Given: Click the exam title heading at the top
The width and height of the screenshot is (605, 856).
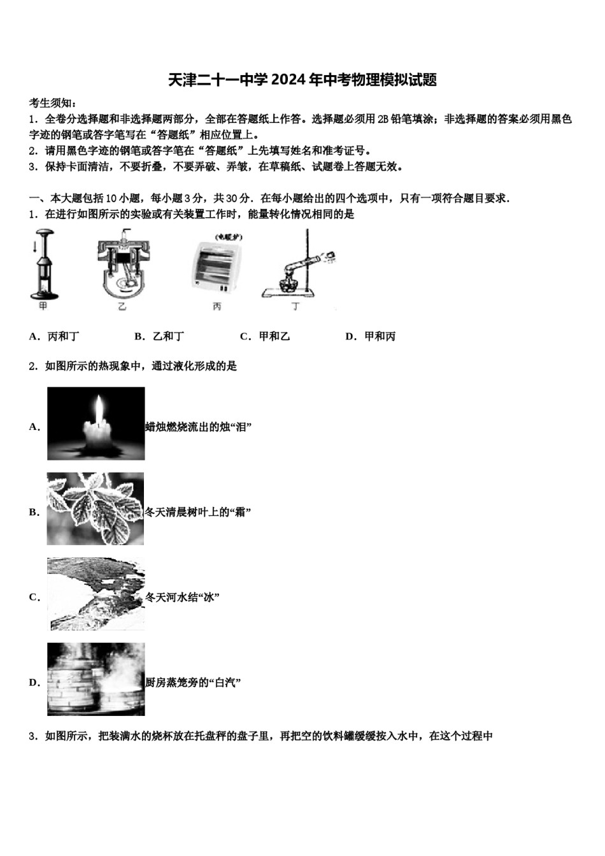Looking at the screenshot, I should (x=302, y=80).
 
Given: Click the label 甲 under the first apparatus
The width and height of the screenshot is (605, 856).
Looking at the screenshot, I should (x=43, y=306).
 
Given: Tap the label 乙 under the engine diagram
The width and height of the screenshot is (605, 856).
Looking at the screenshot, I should (x=122, y=307).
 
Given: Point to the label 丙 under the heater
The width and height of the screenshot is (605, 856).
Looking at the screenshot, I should (x=217, y=307).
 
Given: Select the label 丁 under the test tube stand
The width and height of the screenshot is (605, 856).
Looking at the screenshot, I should (x=295, y=307).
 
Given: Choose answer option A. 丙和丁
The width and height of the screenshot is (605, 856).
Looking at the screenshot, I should (x=55, y=336).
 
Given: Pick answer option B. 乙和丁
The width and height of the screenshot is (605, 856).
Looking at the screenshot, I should (x=160, y=336).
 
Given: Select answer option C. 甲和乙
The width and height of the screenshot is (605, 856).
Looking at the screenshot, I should (x=265, y=336).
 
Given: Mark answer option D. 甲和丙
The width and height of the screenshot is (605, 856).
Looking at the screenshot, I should (x=371, y=336).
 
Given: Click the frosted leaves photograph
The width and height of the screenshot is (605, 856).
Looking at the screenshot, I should (x=96, y=509).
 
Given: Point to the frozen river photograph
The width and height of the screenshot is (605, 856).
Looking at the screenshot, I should (x=96, y=594).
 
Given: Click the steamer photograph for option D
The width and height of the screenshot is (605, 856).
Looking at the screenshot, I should (x=96, y=680).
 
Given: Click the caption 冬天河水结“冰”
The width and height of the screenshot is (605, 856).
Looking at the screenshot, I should (x=182, y=597).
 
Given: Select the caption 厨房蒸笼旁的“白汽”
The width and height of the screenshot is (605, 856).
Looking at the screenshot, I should (x=193, y=683).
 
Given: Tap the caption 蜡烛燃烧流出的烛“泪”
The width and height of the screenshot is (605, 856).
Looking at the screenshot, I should (x=198, y=427).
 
